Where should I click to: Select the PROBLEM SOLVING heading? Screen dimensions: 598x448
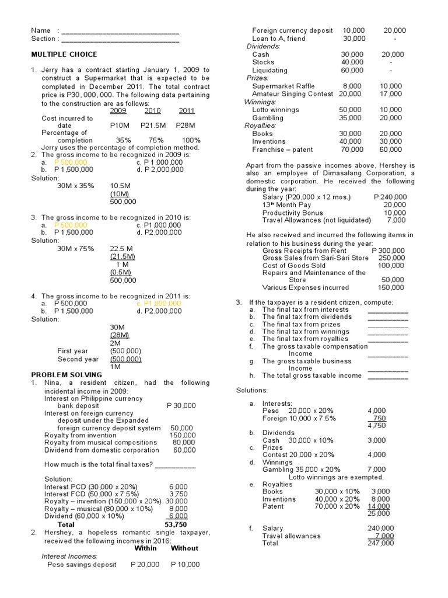pyautogui.click(x=66, y=374)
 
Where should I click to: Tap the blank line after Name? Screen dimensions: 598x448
pyautogui.click(x=120, y=30)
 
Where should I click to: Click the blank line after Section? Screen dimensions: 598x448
pyautogui.click(x=120, y=39)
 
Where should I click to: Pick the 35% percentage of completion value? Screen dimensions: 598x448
pyautogui.click(x=123, y=140)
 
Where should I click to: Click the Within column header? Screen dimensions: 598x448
pyautogui.click(x=146, y=548)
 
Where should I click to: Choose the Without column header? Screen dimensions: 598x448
pyautogui.click(x=184, y=548)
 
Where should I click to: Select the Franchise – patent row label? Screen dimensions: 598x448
pyautogui.click(x=282, y=149)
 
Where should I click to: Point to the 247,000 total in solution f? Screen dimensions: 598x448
pyautogui.click(x=382, y=543)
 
